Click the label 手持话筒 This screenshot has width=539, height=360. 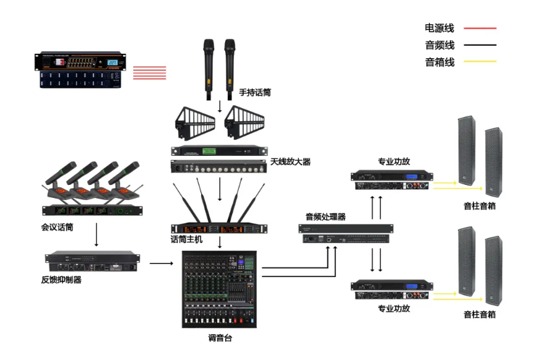click(255, 93)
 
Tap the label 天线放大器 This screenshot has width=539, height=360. click(290, 162)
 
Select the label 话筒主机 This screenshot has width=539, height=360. click(186, 239)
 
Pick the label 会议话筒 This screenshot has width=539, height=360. click(57, 228)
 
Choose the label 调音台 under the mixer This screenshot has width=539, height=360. click(221, 338)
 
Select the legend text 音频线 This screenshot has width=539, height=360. click(439, 45)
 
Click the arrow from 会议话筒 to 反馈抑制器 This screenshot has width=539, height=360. click(97, 236)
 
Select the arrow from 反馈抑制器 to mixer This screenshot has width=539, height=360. click(162, 264)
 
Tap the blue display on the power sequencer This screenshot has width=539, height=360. click(113, 63)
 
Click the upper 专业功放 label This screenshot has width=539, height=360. click(394, 162)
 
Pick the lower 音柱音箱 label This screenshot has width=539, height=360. click(480, 314)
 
